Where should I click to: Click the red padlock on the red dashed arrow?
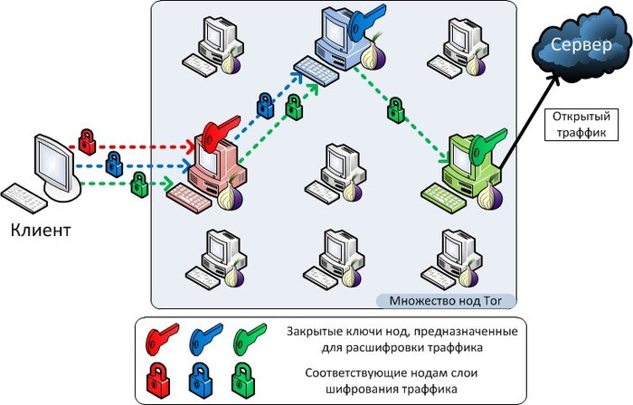[87, 140]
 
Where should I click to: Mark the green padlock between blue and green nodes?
[395, 110]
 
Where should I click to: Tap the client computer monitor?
[54, 163]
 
